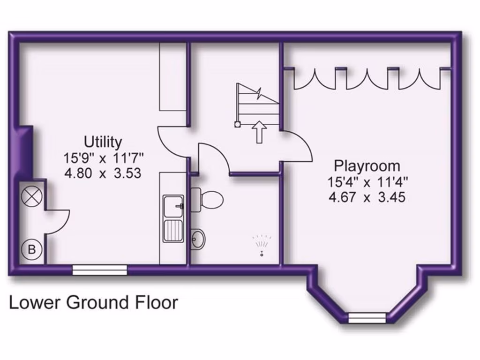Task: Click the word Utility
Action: (103, 141)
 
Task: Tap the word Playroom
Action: (367, 165)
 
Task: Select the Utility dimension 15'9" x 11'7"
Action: (103, 157)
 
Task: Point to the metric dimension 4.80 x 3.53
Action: (103, 173)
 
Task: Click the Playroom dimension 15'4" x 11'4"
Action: (367, 181)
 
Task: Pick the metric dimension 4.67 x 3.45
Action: (367, 197)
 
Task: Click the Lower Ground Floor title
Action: (94, 302)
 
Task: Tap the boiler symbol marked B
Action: (32, 249)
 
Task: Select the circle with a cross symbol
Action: (32, 196)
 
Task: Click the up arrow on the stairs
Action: (258, 131)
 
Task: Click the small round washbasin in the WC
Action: (198, 240)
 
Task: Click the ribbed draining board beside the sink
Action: (174, 230)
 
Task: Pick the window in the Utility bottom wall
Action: (100, 269)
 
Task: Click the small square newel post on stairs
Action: (237, 124)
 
